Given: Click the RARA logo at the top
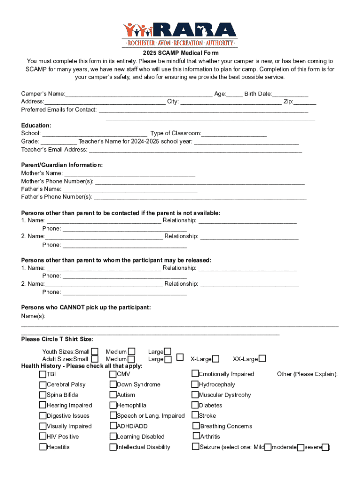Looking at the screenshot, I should point(180,34).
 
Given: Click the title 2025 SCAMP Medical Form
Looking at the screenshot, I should point(180,53).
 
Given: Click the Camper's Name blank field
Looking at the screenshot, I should point(138,94).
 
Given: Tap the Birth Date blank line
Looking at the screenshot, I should point(290,94).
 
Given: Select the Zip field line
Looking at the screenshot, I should point(305,102).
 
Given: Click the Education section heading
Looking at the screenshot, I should point(36,125).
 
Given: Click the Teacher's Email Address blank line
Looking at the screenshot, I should point(195,150).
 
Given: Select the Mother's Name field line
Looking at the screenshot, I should point(130,174).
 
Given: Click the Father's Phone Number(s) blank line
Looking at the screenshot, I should point(200,197).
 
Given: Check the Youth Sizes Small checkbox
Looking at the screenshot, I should point(95,351).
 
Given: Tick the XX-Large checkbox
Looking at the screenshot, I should point(263,359).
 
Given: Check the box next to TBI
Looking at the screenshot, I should point(43,374).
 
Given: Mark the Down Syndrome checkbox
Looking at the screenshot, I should point(113,385).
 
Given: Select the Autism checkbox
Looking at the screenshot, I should point(113,395).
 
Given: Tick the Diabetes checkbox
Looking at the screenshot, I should point(195,405).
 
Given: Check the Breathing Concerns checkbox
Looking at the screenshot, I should point(196,426).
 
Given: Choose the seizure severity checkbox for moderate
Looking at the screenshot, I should point(301,447).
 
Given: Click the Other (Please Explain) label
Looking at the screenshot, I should point(307,374).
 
